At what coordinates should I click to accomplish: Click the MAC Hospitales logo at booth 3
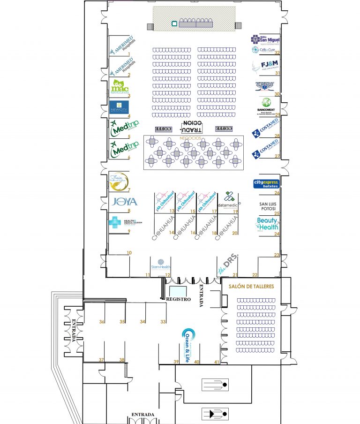point(119,87)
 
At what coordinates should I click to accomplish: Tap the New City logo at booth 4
point(119,107)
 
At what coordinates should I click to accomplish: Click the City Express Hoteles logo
point(266,183)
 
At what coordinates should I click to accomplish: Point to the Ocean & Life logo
point(189,342)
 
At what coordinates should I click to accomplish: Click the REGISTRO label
point(178,299)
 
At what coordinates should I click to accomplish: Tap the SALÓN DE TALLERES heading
point(251,286)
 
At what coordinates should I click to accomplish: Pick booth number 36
point(102,322)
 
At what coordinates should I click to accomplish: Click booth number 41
point(217,362)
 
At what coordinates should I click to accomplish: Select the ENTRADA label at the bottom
point(143,415)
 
